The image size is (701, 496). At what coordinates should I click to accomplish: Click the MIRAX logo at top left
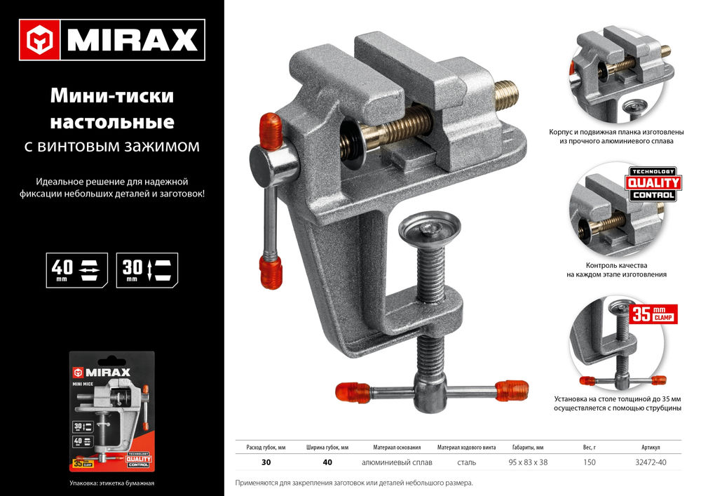click(111, 40)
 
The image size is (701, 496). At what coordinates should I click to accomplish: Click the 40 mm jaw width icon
click(76, 270)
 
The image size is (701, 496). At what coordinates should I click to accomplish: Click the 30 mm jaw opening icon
click(147, 270)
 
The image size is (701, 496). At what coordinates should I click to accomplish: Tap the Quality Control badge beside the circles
click(652, 185)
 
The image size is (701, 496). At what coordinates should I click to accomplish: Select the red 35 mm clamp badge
click(653, 314)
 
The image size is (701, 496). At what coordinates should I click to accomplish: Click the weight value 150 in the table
click(590, 462)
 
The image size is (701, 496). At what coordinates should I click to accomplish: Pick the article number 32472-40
click(650, 462)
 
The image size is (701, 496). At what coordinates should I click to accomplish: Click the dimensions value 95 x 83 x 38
click(527, 462)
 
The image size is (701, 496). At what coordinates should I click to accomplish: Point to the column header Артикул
click(650, 447)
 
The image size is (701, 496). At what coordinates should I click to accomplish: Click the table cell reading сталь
click(466, 462)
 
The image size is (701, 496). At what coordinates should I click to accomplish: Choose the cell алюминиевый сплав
click(397, 462)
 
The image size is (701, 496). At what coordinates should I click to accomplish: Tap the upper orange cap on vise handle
click(270, 130)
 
